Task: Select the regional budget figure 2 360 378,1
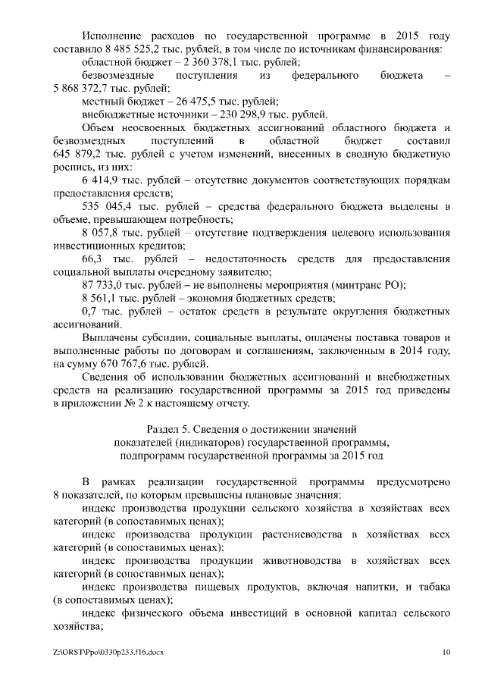click(208, 62)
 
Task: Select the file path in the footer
click(108, 651)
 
